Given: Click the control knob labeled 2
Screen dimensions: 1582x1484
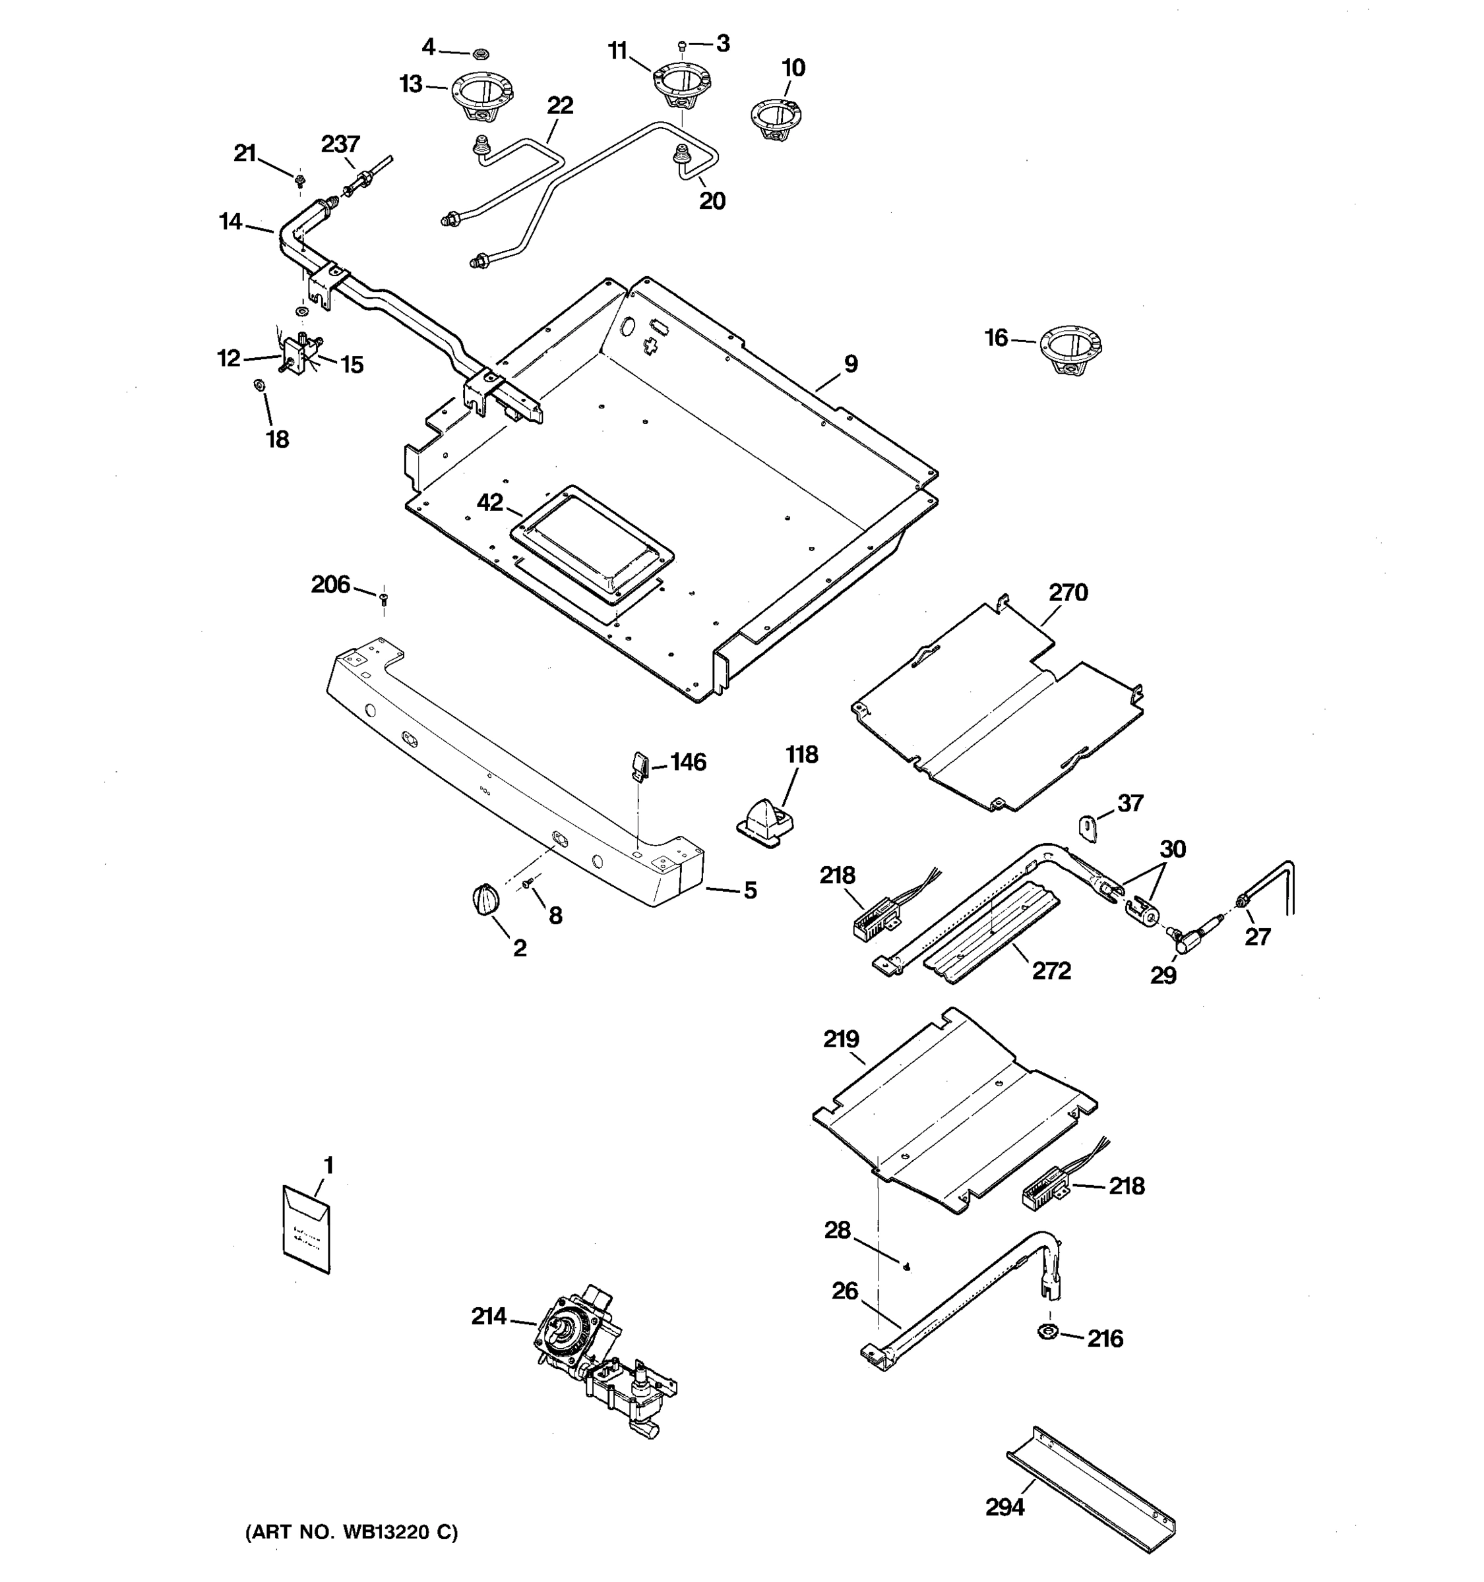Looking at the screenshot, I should (x=485, y=900).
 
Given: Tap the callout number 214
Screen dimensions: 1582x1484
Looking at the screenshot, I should (x=488, y=1317).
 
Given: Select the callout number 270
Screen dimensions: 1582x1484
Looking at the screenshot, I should (x=1068, y=593).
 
